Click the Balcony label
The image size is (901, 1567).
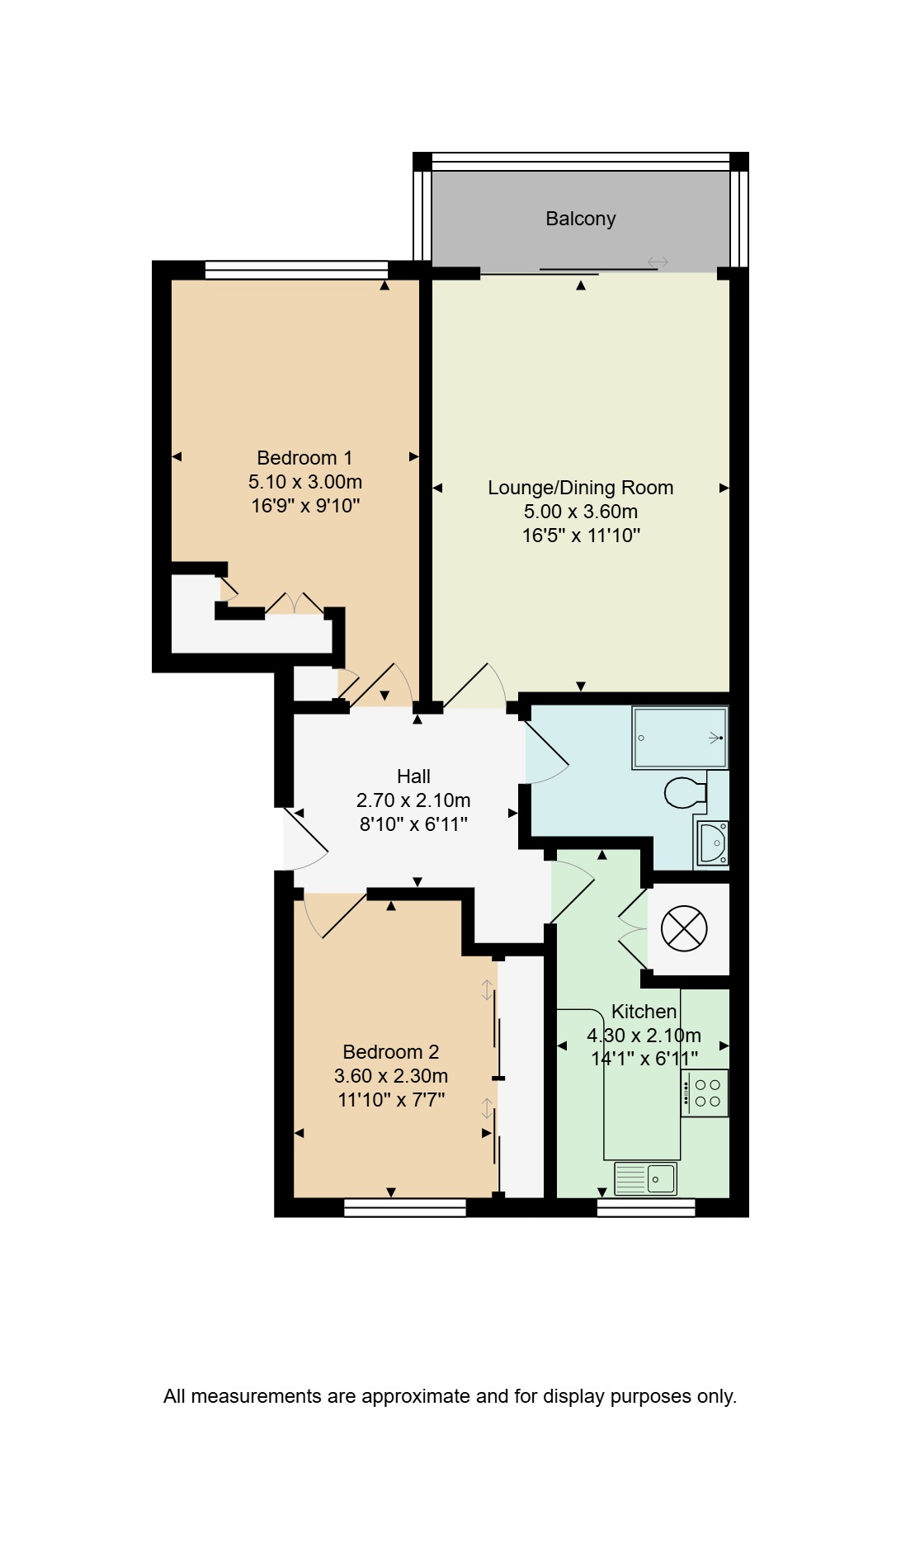[x=581, y=219]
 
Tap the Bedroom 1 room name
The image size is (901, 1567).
[x=304, y=458]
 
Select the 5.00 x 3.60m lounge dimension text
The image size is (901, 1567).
[x=581, y=512]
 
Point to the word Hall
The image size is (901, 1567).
[x=413, y=776]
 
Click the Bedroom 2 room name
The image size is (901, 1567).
[x=391, y=1052]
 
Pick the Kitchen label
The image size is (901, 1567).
[x=644, y=1012]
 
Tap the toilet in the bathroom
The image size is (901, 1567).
[x=686, y=793]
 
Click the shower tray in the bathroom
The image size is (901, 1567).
[x=680, y=737]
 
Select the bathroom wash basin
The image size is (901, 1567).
[x=712, y=842]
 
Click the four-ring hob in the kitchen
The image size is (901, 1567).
[x=705, y=1093]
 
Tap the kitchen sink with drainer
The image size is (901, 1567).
[x=645, y=1179]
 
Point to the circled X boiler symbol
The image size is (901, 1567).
[x=685, y=928]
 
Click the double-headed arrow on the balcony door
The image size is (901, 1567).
[x=658, y=262]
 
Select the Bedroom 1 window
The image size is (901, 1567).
[x=296, y=270]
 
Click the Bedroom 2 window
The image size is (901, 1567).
[x=405, y=1208]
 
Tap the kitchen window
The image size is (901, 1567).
[x=646, y=1208]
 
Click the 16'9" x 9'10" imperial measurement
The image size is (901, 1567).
[x=306, y=506]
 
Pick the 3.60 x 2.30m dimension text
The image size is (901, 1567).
[x=391, y=1076]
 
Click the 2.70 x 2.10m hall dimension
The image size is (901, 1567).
[x=413, y=800]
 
